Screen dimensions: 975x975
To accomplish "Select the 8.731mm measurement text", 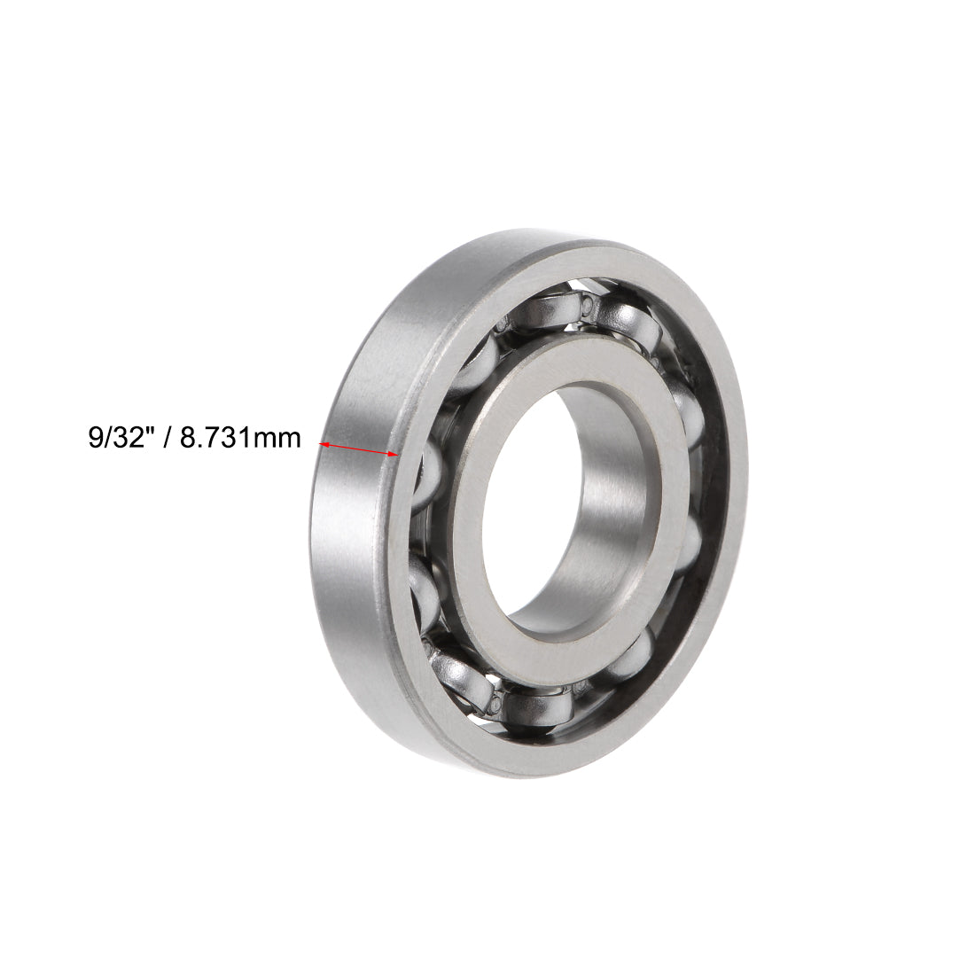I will [240, 437].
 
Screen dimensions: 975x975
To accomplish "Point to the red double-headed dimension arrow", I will [357, 449].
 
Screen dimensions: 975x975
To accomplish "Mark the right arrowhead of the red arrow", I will [391, 455].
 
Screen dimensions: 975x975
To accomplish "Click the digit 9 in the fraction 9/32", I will [95, 437].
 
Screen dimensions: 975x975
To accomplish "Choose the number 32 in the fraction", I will [127, 437].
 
